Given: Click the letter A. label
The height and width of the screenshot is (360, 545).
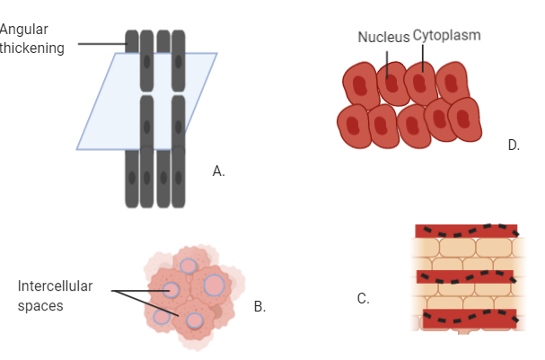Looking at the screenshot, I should click(x=218, y=171).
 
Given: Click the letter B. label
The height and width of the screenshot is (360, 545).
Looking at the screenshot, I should click(x=259, y=307).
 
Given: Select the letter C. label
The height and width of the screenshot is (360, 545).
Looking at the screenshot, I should click(x=363, y=299).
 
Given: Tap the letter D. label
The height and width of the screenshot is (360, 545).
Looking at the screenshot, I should click(x=514, y=145).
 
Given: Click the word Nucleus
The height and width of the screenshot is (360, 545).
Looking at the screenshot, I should click(x=383, y=37).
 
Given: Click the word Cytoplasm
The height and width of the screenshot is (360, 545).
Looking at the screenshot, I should click(x=446, y=35).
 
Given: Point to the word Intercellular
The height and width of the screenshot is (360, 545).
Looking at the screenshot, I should click(x=55, y=286).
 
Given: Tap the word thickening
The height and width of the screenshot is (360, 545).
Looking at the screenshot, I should click(x=32, y=48).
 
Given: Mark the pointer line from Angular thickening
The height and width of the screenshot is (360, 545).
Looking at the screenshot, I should click(x=101, y=43).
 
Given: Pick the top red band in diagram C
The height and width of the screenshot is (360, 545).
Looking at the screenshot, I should click(x=465, y=231).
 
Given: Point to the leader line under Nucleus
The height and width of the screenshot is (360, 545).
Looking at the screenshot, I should click(x=387, y=60).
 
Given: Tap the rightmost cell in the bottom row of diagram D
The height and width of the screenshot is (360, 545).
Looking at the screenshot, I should click(x=465, y=120).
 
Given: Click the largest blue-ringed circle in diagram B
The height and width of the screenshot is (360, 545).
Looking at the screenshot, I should click(x=215, y=285).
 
